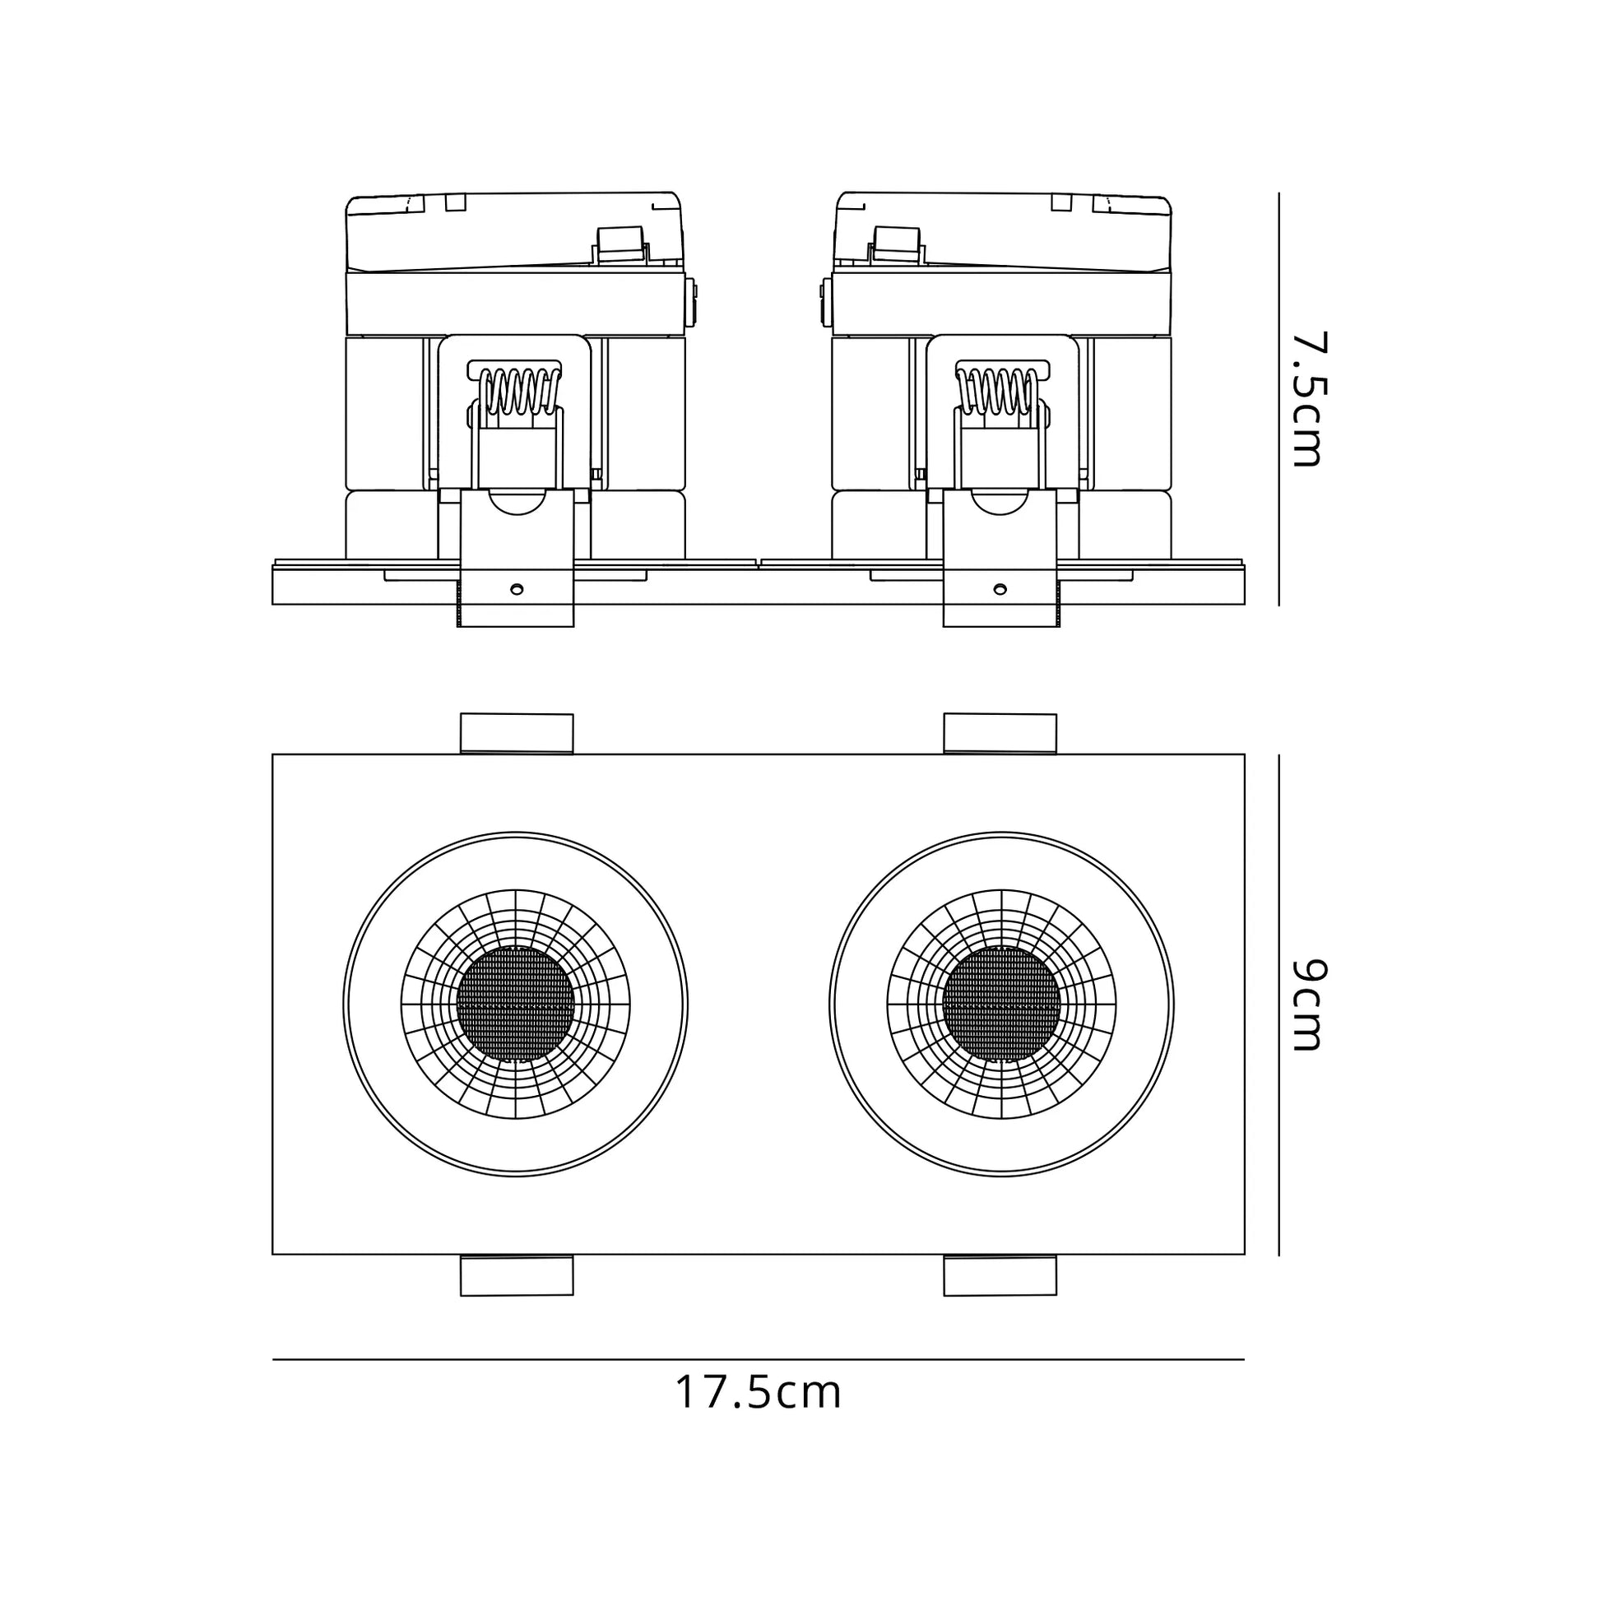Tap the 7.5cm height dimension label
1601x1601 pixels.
tap(1310, 399)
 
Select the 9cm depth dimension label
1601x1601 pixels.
tap(1310, 1005)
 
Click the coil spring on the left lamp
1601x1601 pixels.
tap(516, 390)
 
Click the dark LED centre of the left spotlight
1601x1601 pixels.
tap(516, 1005)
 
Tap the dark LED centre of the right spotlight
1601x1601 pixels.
tap(1001, 1005)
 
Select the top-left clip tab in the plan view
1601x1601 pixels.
tap(517, 733)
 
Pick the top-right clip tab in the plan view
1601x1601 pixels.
tap(1000, 733)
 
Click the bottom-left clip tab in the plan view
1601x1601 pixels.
tap(517, 1275)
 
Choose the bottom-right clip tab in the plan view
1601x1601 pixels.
tap(1000, 1275)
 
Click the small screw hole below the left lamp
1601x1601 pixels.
tap(517, 589)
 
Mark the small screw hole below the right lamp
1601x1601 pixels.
tap(1000, 589)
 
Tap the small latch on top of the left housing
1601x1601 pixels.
tap(620, 246)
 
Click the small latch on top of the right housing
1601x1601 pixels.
tap(896, 246)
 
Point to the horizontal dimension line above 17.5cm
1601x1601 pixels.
tap(759, 1360)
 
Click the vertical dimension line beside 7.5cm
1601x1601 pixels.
tap(1278, 399)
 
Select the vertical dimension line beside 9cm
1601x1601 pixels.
tap(1278, 1005)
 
